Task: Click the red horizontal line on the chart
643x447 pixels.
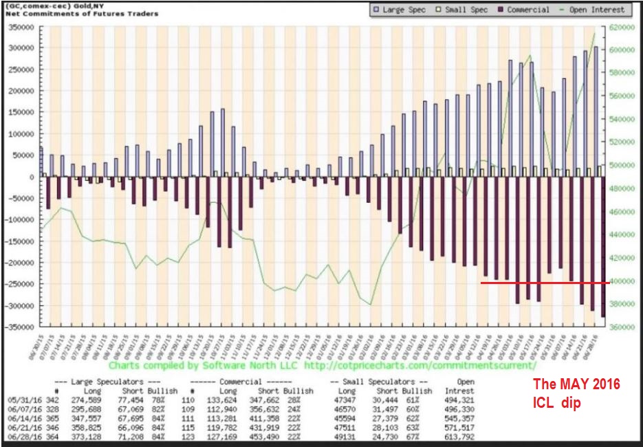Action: point(543,283)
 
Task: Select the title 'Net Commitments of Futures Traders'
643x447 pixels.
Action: point(80,14)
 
